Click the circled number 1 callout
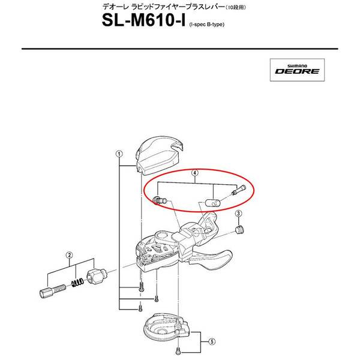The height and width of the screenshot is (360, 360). tap(119, 154)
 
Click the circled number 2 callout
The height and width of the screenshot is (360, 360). tap(70, 255)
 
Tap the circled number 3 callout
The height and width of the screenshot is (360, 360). tap(239, 214)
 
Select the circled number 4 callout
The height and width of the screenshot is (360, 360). tap(194, 173)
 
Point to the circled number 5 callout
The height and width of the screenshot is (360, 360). tap(212, 341)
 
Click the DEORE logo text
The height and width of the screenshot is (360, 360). tap(298, 71)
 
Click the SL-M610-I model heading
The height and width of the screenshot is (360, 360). tap(144, 20)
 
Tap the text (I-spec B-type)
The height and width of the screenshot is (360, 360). tap(207, 25)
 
